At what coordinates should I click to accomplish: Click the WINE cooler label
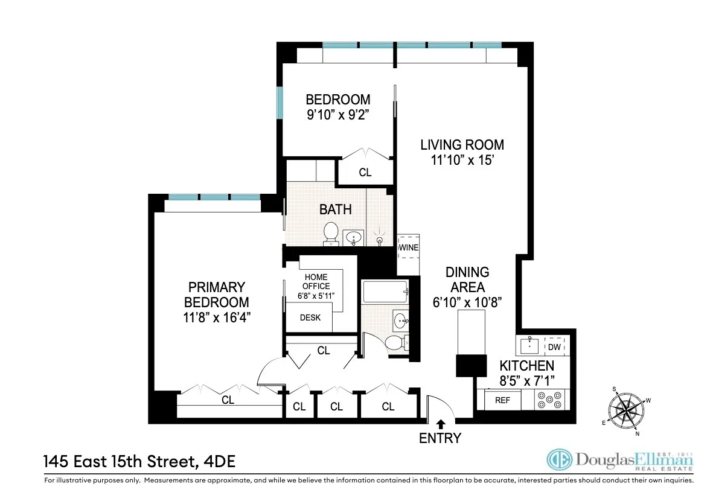(x=408, y=248)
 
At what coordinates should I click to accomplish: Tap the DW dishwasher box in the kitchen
(x=554, y=346)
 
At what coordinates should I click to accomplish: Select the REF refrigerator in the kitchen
(x=502, y=400)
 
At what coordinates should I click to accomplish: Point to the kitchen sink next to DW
(x=529, y=345)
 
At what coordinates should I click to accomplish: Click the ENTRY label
(x=440, y=438)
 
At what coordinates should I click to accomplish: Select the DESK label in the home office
(x=310, y=318)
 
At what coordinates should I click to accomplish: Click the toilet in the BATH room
(x=331, y=234)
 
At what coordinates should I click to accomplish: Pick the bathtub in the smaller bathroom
(x=384, y=294)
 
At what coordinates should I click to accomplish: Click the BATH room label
(x=335, y=209)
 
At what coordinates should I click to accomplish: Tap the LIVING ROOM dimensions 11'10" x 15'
(x=462, y=161)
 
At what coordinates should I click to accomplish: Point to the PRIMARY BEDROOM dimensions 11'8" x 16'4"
(x=217, y=317)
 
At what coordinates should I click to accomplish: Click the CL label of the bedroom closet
(x=365, y=173)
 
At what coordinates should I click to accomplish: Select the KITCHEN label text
(x=526, y=365)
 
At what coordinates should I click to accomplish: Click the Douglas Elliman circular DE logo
(x=558, y=460)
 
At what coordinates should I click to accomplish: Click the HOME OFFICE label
(x=316, y=282)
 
